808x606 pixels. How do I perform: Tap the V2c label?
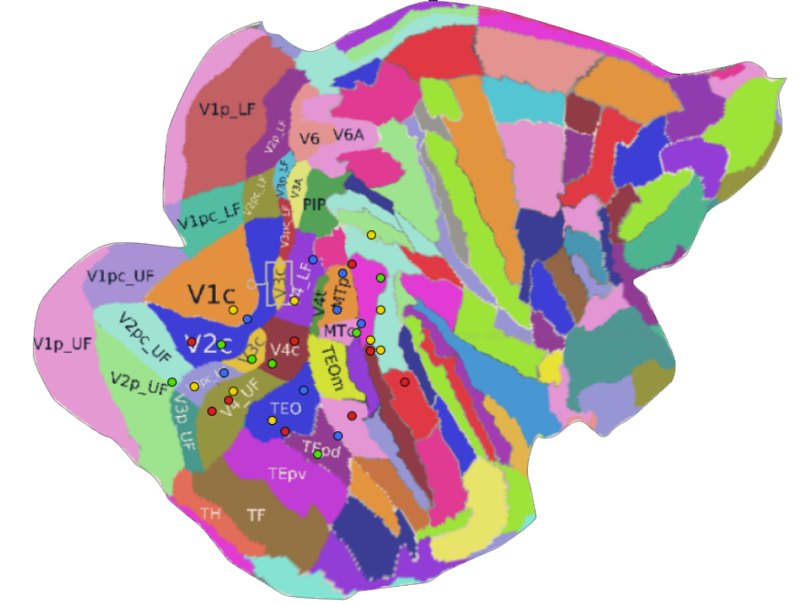click(209, 344)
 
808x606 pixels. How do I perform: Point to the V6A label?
click(348, 135)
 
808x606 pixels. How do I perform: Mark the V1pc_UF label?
click(120, 275)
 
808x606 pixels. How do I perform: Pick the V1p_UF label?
click(63, 343)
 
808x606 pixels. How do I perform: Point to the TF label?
click(257, 515)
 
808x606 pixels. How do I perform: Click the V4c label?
click(285, 349)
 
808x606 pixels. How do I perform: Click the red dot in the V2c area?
click(192, 342)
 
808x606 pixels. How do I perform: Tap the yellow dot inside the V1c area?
click(233, 310)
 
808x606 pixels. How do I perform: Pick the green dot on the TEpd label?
click(318, 454)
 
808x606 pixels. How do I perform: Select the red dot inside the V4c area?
click(294, 340)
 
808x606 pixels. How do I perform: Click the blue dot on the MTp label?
click(343, 273)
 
